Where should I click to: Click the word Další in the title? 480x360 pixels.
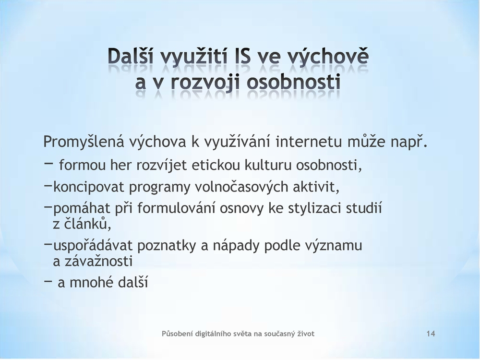(x=131, y=56)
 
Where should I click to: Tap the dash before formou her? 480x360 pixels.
(x=48, y=164)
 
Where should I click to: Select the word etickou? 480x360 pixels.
(x=216, y=165)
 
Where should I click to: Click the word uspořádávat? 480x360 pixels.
(x=93, y=245)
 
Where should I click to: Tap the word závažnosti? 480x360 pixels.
(x=98, y=262)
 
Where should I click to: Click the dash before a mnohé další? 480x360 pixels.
(x=48, y=280)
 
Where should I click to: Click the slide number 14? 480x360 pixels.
(x=431, y=334)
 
